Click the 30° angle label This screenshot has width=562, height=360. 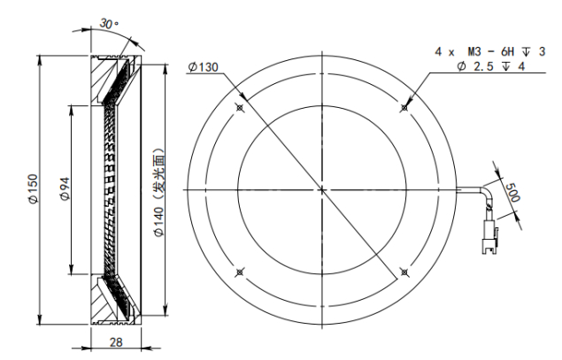109,24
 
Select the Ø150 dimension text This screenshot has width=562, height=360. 34,189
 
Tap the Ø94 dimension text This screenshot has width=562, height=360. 65,189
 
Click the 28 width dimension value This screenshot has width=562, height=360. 116,342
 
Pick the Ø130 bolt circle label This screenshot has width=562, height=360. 203,67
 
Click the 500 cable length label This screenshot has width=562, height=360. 512,192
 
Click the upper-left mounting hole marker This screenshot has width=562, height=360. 240,107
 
